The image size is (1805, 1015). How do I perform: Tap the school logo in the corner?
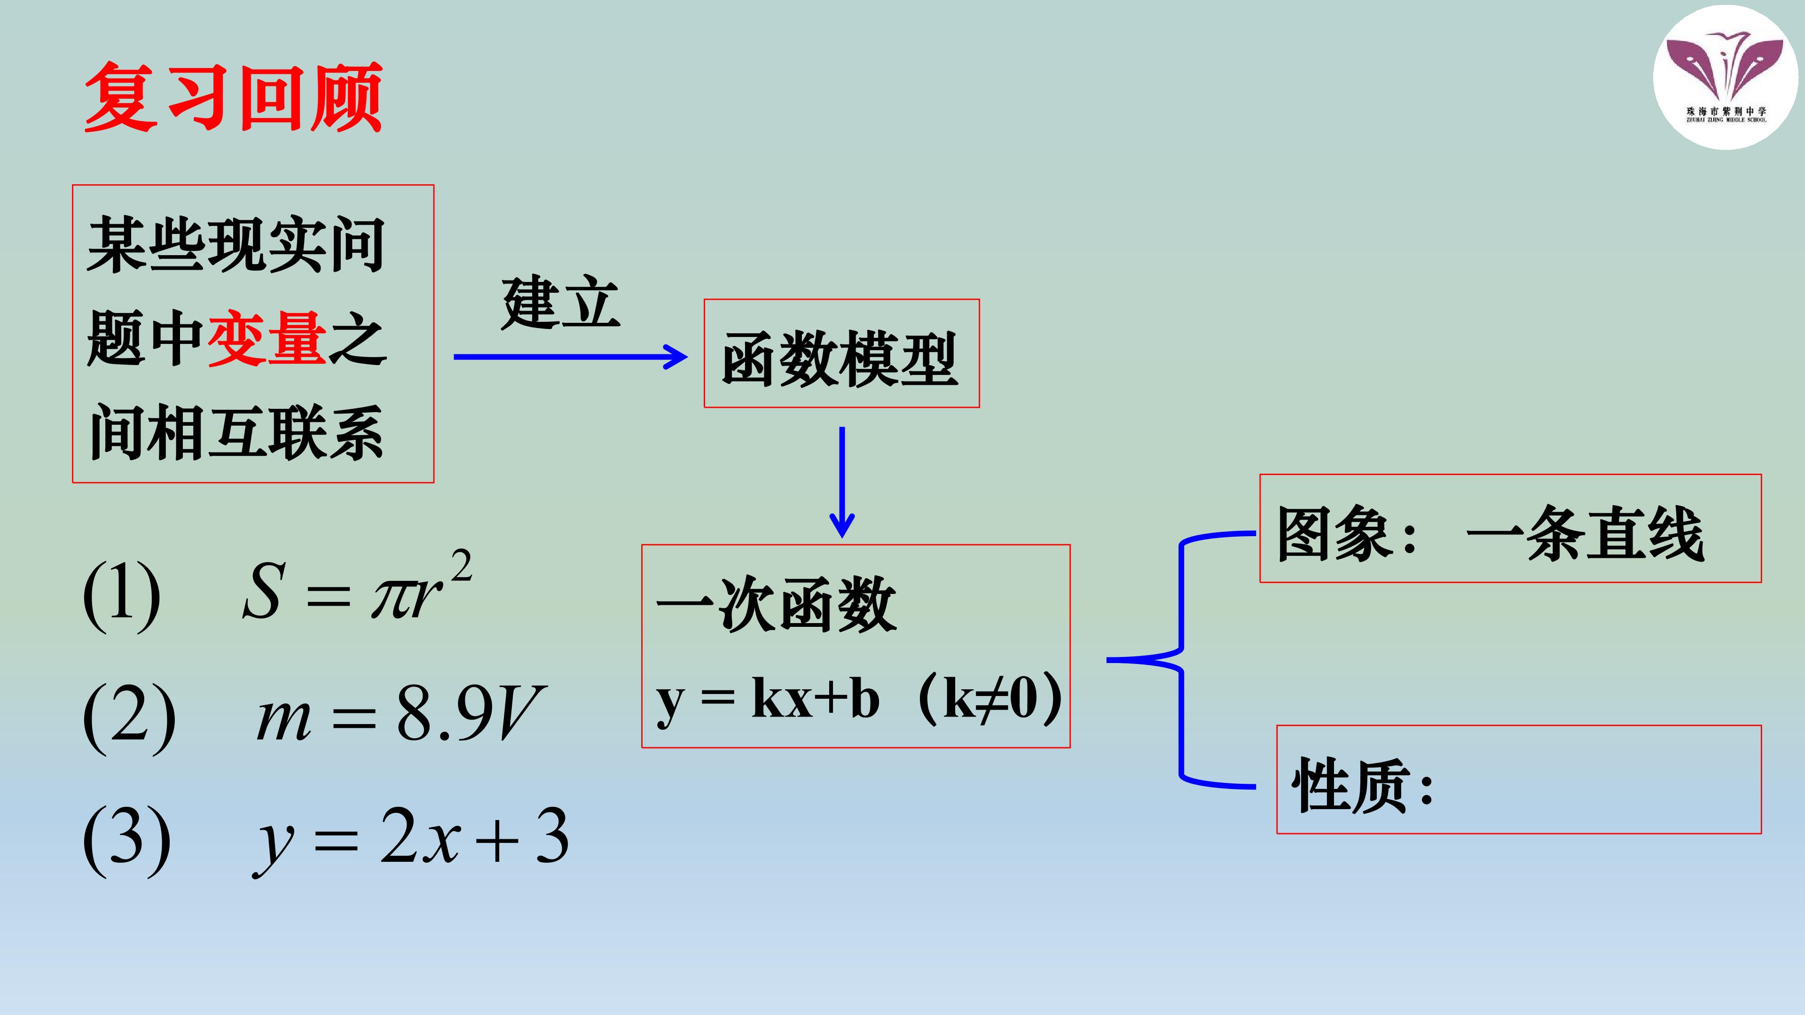(x=1725, y=77)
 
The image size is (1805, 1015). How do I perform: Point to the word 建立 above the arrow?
(x=561, y=303)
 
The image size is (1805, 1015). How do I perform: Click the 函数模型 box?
(x=841, y=354)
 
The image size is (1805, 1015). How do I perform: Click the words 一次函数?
(x=777, y=604)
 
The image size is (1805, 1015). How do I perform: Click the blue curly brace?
(x=1181, y=660)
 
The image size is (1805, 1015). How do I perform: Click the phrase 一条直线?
(x=1585, y=534)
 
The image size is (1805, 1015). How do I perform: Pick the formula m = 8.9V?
(x=400, y=712)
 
